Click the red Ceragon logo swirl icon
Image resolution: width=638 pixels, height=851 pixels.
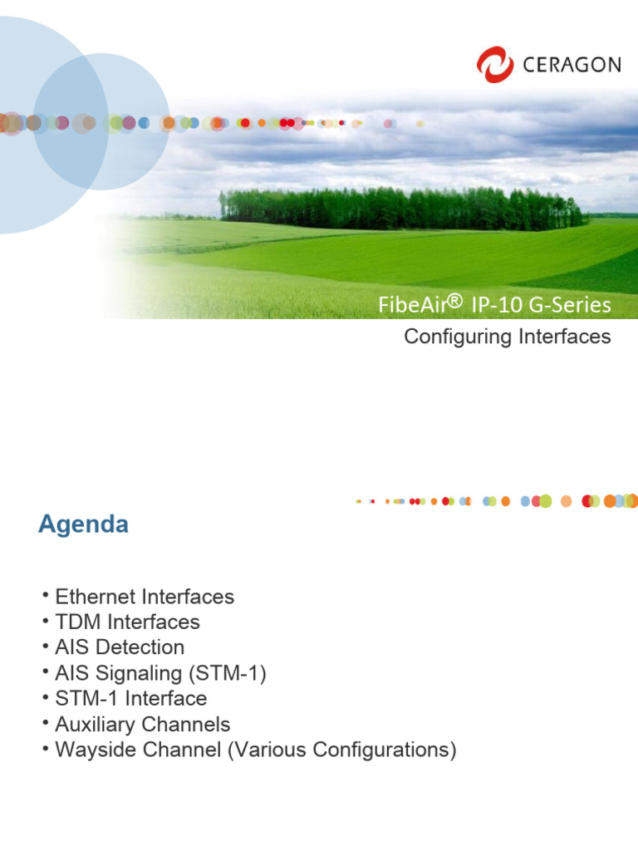point(495,64)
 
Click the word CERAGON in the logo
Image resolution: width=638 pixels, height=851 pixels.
point(572,65)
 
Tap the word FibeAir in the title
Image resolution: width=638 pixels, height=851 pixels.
point(412,306)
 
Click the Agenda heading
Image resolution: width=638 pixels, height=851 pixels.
point(83,525)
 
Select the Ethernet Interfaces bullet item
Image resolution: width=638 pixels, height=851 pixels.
point(145,597)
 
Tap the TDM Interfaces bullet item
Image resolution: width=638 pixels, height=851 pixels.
point(127,622)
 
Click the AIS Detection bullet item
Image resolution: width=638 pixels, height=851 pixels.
point(120,647)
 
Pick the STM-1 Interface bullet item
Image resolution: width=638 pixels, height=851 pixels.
point(130,698)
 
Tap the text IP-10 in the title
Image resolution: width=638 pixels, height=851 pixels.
point(495,306)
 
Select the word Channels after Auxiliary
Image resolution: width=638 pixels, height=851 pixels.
point(189,724)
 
